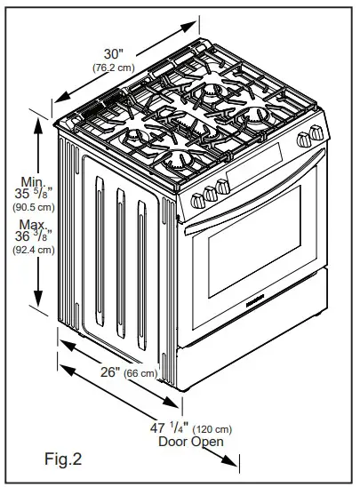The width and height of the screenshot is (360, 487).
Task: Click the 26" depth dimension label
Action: point(110,371)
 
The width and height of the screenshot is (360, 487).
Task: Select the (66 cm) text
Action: point(142,372)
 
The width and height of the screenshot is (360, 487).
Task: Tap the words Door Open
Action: point(190,441)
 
